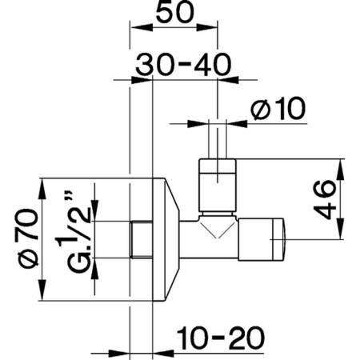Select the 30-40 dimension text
pos(178,66)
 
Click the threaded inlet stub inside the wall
pos(141,238)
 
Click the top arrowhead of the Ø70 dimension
pos(44,182)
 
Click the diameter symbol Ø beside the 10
pos(258,109)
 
